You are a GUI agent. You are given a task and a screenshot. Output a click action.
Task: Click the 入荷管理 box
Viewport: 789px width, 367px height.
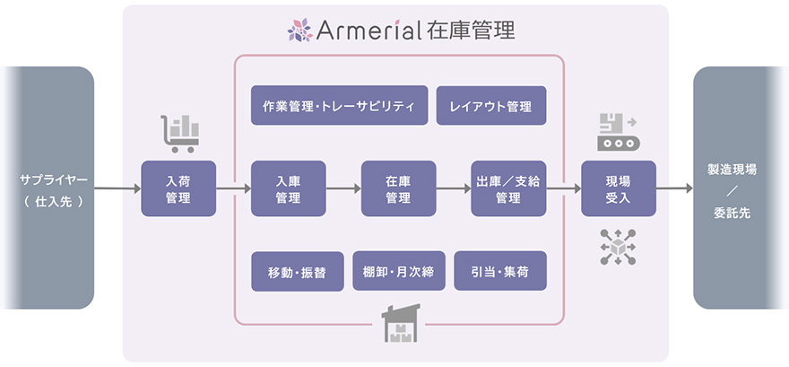[x=178, y=189]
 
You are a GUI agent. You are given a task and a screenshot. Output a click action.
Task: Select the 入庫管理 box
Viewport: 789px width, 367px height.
[x=288, y=189]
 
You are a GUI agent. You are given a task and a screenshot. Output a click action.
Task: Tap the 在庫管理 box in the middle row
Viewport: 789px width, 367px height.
[x=398, y=189]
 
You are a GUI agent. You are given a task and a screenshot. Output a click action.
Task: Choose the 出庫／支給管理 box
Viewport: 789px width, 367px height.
[x=508, y=189]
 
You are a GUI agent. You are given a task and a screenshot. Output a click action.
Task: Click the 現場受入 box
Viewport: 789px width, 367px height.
[x=618, y=189]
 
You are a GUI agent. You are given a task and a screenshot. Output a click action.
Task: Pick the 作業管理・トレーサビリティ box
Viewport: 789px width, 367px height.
[x=339, y=106]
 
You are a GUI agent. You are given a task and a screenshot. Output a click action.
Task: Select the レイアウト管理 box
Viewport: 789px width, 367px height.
[x=490, y=106]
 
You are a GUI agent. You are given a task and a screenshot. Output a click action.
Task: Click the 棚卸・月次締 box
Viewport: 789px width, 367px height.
[x=398, y=271]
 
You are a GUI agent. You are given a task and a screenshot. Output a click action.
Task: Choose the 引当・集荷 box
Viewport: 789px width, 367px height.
[x=499, y=271]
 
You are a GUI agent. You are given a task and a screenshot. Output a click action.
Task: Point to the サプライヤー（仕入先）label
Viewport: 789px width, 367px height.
[x=53, y=189]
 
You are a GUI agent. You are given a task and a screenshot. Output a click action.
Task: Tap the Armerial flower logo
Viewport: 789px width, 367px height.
[x=299, y=31]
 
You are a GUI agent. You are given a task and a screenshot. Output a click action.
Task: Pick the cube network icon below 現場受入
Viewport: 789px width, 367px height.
[x=618, y=246]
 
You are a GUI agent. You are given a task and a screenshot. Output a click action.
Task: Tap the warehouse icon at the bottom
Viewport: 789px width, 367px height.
[x=399, y=323]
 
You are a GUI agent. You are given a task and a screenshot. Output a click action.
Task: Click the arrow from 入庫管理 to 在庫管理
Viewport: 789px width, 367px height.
[x=343, y=189]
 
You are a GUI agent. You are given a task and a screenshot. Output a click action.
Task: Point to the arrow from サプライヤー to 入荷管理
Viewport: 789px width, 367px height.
[x=117, y=189]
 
